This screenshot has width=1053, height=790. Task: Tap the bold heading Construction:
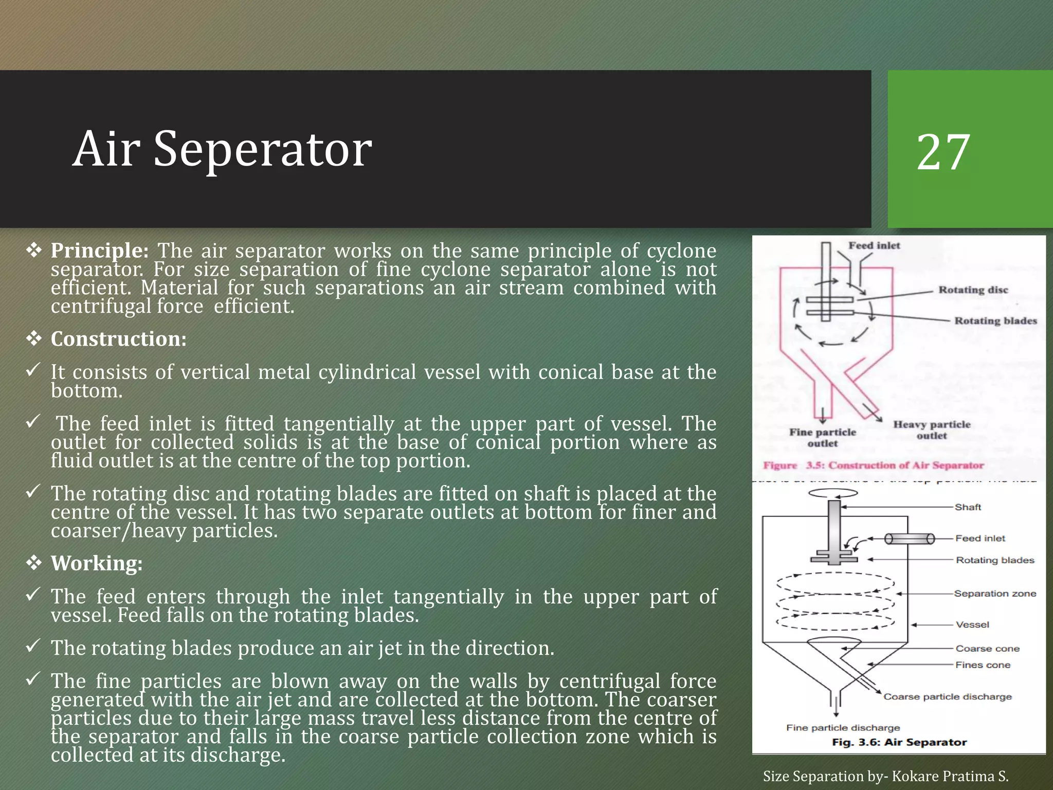coord(118,339)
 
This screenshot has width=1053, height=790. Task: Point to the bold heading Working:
coord(96,563)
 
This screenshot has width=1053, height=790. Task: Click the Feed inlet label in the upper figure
coord(874,246)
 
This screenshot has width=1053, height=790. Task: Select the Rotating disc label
coord(973,290)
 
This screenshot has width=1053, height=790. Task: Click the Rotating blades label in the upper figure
coord(995,321)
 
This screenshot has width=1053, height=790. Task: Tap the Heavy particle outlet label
coord(932,430)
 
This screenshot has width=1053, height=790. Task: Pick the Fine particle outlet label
coord(823,438)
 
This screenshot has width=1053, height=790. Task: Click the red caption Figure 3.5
coord(873,465)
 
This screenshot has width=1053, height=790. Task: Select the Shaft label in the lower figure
coord(968,507)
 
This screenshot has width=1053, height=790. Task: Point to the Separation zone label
coord(994,594)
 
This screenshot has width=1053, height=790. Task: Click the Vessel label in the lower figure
coord(972,625)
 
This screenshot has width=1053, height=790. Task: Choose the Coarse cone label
coord(987,649)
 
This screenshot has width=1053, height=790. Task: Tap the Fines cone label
coord(983,665)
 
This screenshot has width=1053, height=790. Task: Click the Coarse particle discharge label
coord(947,697)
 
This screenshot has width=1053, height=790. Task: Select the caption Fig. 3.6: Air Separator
coord(899,742)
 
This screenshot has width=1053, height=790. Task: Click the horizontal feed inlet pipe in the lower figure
coord(909,539)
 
